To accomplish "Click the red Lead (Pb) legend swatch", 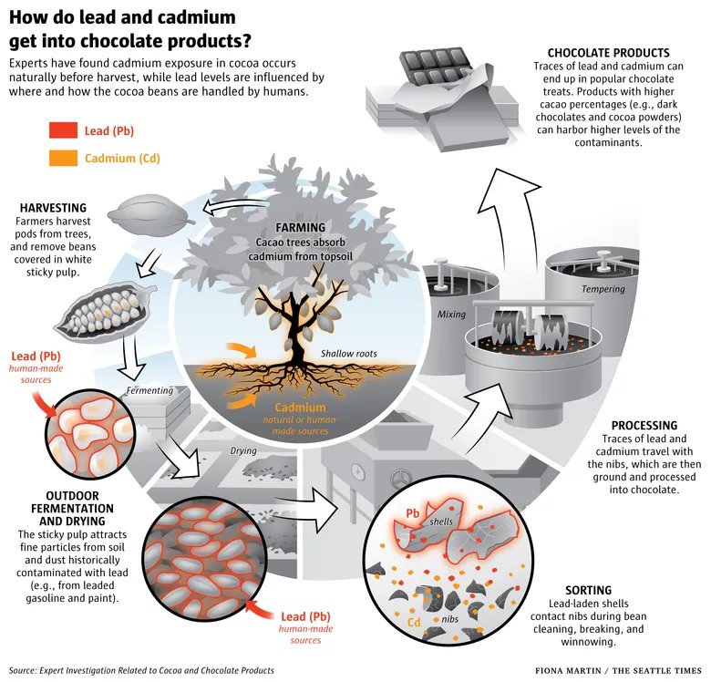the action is point(63,130).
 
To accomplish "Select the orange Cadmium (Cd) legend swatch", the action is point(63,158).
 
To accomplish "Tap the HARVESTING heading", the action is point(53,208).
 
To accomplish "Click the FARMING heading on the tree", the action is point(300,227).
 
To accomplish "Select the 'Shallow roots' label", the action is point(349,353).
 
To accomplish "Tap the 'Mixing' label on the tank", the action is point(451,314).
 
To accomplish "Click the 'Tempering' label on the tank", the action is point(603,289).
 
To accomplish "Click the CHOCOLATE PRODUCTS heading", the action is point(609,53).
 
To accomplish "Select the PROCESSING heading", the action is point(644,426).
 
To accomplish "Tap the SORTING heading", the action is point(588,590).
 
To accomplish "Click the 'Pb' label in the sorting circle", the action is point(413,513).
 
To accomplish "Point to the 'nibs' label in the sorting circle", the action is point(449,619).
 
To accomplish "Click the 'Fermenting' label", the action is point(149,390).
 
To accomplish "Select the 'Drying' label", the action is point(243,450).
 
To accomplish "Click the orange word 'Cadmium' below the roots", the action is point(300,408).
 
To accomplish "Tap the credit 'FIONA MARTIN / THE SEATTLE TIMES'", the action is point(619,671).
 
